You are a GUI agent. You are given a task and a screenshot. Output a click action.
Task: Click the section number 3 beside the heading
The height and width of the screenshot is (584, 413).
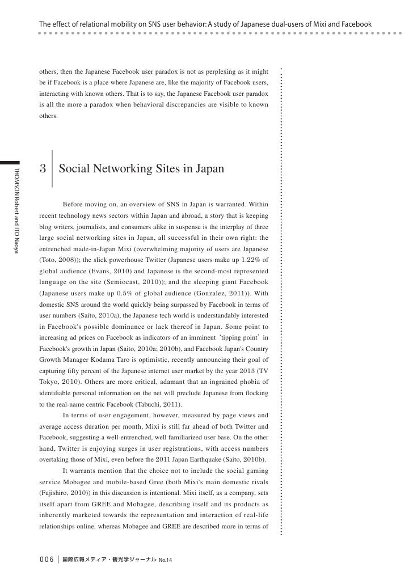[43, 169]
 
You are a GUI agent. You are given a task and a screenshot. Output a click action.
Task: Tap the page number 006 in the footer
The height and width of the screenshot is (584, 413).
[45, 560]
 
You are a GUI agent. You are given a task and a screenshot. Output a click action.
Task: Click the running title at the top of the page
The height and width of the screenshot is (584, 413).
[205, 24]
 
